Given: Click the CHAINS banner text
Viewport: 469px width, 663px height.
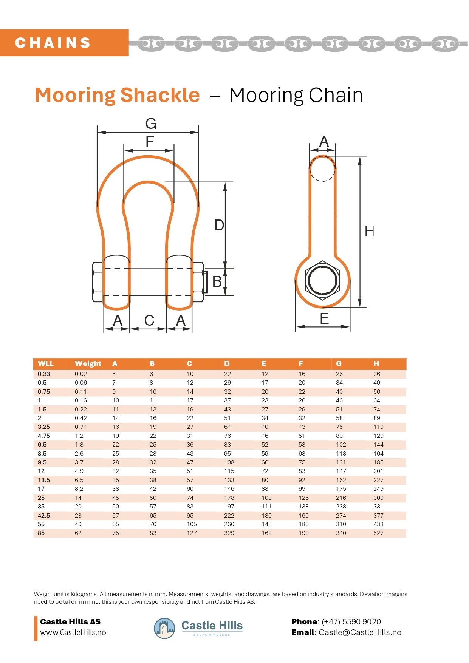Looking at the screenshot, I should point(53,43).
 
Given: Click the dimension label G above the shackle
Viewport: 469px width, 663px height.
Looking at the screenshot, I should point(151,124).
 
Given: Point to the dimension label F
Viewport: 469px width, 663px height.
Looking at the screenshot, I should point(150,142).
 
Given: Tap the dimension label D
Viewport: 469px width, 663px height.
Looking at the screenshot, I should point(219,225).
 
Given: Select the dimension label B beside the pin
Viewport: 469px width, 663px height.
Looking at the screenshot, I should point(217,281).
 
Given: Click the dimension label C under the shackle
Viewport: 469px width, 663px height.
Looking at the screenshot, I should point(149,320).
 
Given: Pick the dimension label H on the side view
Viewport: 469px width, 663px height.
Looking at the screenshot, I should point(369,231).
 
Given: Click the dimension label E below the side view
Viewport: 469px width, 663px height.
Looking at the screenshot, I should point(324,319).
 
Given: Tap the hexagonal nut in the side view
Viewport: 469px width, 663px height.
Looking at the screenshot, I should point(322,280).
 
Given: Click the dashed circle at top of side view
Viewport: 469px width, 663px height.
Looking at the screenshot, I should point(322,168).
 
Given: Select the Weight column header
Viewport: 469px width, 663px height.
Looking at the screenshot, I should point(88,363).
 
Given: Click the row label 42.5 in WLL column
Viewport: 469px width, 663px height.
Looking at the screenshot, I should point(44,515).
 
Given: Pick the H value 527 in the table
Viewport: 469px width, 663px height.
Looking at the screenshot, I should point(378,533).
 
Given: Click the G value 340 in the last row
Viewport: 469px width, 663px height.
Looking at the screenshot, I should point(341,533).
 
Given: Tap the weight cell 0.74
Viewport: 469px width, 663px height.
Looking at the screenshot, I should point(81,427).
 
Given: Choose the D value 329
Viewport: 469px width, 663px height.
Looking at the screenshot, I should point(229,533).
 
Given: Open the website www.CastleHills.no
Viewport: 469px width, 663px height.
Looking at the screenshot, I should point(73,632).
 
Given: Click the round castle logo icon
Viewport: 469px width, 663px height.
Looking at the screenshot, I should point(164,628).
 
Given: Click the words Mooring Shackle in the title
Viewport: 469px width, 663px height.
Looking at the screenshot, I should point(117,95).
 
